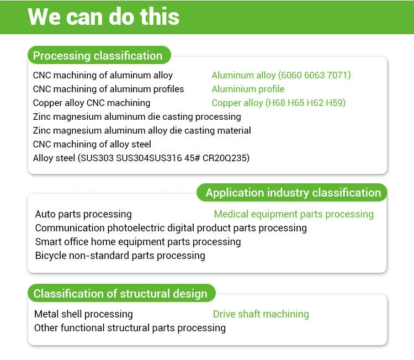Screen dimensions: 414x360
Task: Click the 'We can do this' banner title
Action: [x=103, y=17]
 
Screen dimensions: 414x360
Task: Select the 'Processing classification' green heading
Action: [x=98, y=56]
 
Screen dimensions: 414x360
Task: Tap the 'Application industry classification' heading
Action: [x=293, y=193]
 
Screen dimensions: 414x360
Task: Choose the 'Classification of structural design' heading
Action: [x=120, y=294]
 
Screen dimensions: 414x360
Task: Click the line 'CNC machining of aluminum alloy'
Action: [x=103, y=75]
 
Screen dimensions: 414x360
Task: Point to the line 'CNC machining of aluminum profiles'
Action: [x=108, y=89]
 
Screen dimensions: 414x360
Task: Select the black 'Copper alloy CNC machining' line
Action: [x=92, y=103]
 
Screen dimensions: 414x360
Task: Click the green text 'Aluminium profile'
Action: [x=248, y=89]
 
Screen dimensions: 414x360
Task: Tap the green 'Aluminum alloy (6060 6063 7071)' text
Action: [x=281, y=75]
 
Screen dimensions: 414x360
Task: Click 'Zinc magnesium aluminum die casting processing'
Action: [x=137, y=117]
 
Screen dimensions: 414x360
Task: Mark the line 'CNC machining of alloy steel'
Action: [x=92, y=144]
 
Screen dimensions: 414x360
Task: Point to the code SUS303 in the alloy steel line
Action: [x=95, y=158]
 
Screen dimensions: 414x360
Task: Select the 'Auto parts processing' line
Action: [x=83, y=214]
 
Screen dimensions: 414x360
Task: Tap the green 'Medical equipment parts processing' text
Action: [x=294, y=214]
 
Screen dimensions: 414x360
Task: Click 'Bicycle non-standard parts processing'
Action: [x=120, y=256]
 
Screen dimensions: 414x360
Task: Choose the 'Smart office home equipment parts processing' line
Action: [x=138, y=242]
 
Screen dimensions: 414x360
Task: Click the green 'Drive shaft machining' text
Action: [x=261, y=314]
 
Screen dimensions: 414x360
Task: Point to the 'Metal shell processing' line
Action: [x=83, y=314]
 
